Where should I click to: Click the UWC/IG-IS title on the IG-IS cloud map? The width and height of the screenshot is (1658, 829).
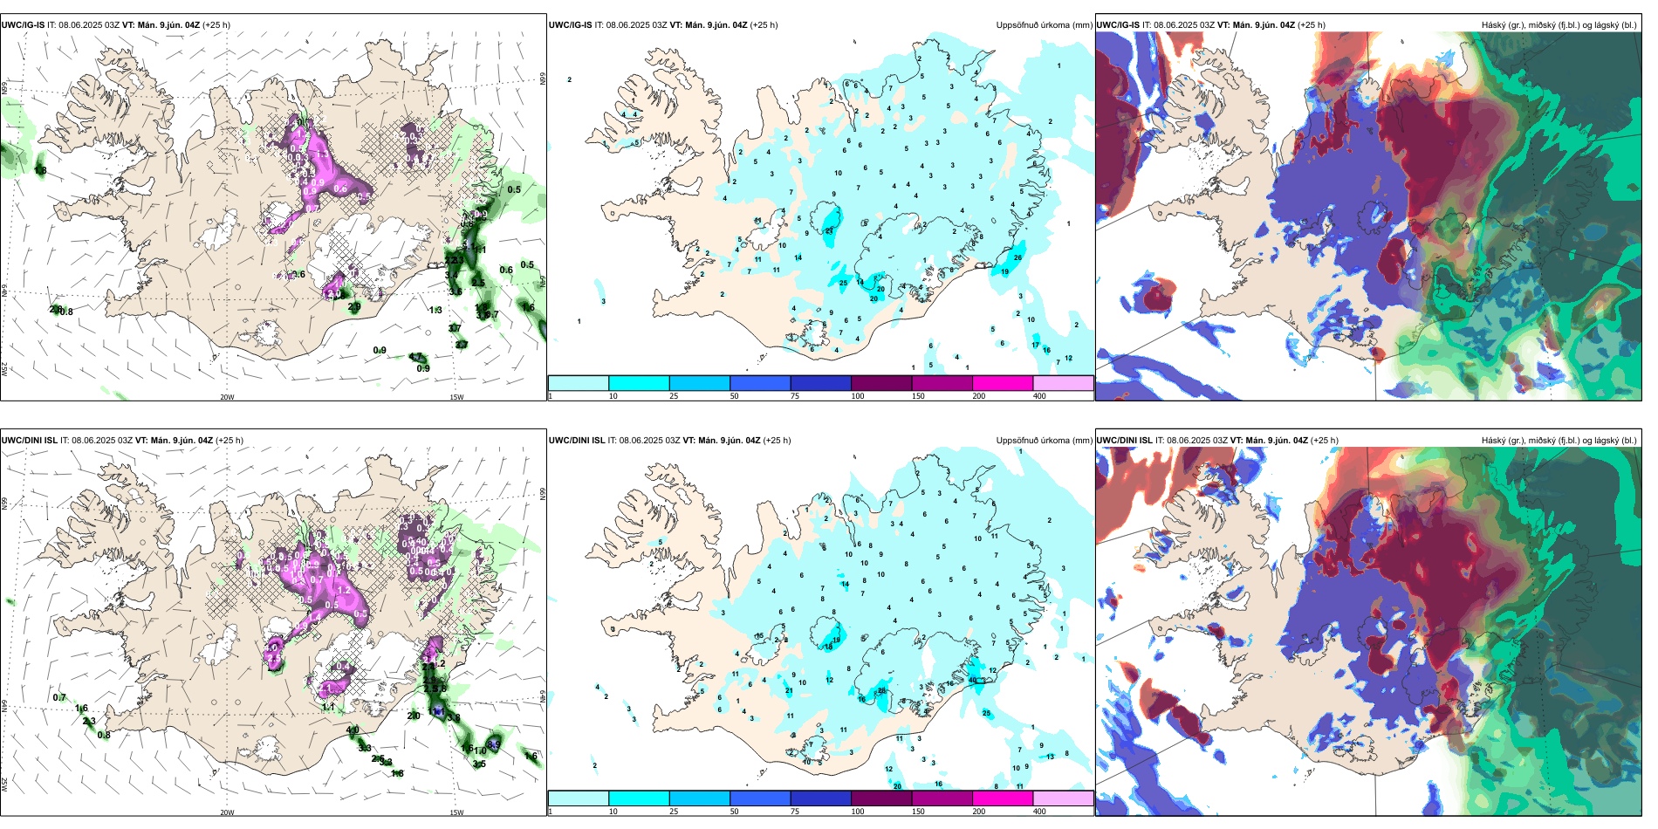[x=1117, y=25]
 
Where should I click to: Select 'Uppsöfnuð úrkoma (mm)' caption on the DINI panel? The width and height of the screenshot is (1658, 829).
[x=1044, y=441]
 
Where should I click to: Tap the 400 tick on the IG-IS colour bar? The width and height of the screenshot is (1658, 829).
[x=1039, y=396]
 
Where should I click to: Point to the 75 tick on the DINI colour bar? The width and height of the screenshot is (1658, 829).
[x=795, y=812]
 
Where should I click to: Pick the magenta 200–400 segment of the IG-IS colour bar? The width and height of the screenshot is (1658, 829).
[x=1002, y=383]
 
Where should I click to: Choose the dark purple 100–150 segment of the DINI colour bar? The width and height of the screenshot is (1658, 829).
[x=880, y=798]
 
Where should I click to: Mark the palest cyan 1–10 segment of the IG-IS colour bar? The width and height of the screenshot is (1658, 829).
[x=579, y=383]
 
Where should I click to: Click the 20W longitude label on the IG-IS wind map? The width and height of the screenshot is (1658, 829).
[x=227, y=397]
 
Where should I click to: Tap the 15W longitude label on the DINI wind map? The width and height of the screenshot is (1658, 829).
[x=456, y=812]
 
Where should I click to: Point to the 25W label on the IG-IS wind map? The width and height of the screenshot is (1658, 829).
[x=4, y=369]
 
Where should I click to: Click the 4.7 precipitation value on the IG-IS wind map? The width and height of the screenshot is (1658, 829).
[x=415, y=357]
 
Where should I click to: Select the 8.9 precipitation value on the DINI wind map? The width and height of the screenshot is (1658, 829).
[x=494, y=743]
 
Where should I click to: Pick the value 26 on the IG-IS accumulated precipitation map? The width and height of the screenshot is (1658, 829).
[x=1017, y=257]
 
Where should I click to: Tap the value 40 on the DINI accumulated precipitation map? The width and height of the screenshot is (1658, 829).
[x=972, y=680]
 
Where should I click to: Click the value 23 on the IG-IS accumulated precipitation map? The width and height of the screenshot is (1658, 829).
[x=828, y=231]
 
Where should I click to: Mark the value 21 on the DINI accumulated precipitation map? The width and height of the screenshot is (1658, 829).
[x=789, y=691]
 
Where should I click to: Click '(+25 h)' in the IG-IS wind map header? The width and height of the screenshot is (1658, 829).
[x=216, y=25]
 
